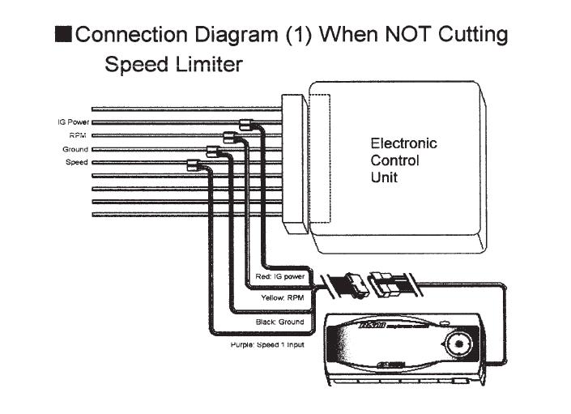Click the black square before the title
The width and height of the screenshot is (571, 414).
[x=62, y=35]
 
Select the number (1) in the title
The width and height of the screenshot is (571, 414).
[x=296, y=35]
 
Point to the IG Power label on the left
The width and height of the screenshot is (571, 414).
[x=72, y=122]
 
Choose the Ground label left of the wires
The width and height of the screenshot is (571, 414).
[x=75, y=149]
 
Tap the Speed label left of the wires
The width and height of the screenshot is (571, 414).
[x=77, y=162]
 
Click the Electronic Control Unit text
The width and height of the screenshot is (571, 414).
[x=403, y=160]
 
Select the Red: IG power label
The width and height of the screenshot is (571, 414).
[x=279, y=276]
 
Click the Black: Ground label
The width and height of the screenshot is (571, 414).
[x=279, y=322]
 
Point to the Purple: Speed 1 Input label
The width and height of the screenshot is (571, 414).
[x=266, y=344]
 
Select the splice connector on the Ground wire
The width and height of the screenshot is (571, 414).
[x=215, y=151]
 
